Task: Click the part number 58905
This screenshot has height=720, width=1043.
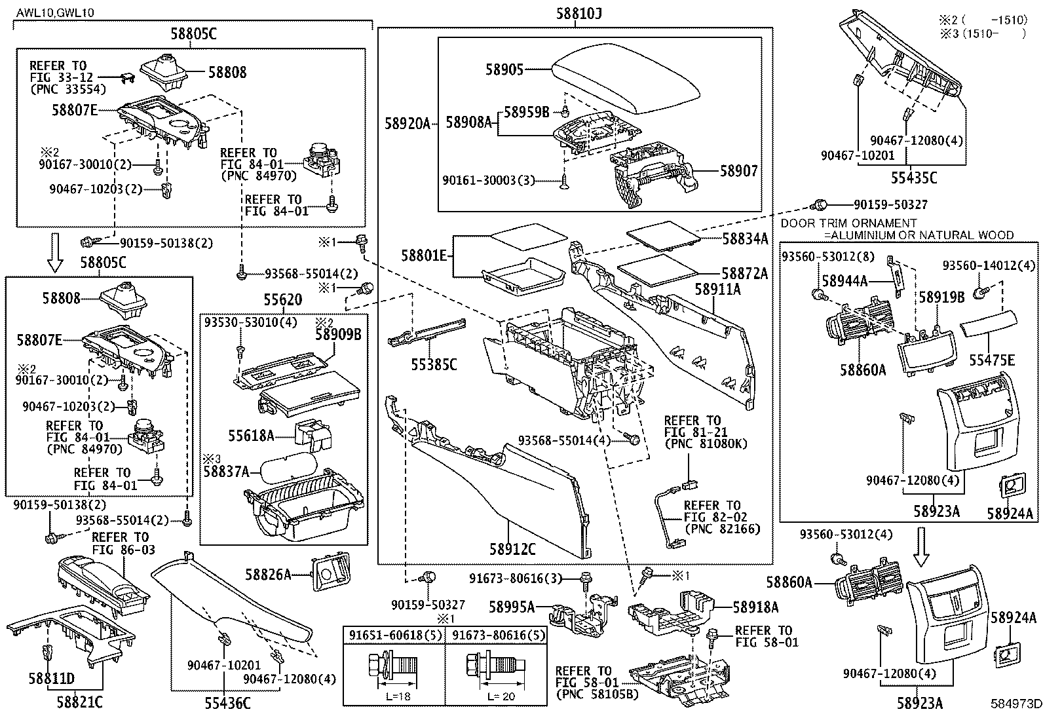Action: point(504,69)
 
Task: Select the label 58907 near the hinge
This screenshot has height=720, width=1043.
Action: point(738,171)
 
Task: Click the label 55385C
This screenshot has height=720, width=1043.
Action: point(433,364)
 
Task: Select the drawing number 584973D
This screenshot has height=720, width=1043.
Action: point(1015,705)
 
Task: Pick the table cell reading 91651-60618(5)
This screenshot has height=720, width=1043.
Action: point(394,635)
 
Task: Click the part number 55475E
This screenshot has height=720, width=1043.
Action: point(993,359)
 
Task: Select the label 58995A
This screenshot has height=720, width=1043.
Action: point(512,607)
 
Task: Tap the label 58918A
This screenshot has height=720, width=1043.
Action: point(755,607)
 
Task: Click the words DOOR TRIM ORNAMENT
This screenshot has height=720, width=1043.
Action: point(848,223)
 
